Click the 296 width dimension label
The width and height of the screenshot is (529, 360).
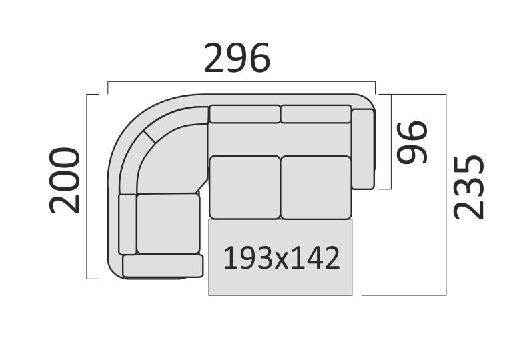[x=237, y=58]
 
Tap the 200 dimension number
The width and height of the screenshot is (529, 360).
[x=65, y=181]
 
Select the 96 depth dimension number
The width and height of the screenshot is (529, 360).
[x=412, y=143]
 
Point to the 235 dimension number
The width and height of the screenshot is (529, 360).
[x=468, y=187]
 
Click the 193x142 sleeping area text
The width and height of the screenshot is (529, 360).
[x=282, y=258]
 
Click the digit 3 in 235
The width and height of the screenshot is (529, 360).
[x=468, y=187]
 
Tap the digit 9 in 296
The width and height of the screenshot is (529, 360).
[x=237, y=58]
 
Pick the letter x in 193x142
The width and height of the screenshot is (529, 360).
[x=282, y=261]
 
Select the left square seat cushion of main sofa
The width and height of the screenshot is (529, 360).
[x=245, y=187]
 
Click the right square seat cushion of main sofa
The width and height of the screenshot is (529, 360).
[x=316, y=187]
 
